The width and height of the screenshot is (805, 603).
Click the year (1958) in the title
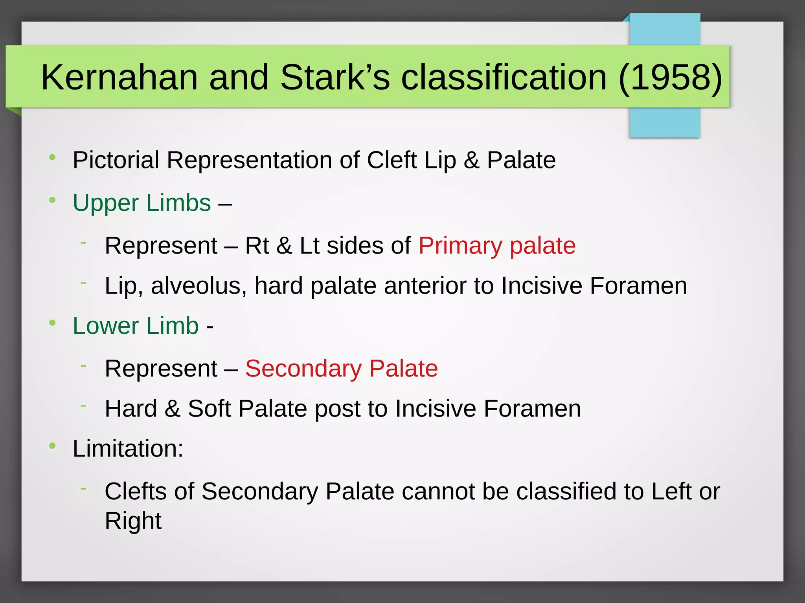[x=670, y=77]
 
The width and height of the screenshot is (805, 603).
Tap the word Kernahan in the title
[x=119, y=77]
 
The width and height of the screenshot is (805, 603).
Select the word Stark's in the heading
[x=335, y=77]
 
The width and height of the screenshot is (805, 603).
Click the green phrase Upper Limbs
[x=142, y=203]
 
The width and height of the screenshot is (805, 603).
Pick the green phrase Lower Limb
[x=136, y=326]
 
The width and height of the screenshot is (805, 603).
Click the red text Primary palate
[x=497, y=246]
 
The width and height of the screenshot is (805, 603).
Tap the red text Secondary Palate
[x=341, y=369]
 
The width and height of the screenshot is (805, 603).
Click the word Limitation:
[x=128, y=449]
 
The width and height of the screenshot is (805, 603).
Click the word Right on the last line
[x=133, y=521]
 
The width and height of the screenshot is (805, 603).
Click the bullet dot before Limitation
[x=52, y=446]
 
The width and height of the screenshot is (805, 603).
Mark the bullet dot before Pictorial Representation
[x=52, y=158]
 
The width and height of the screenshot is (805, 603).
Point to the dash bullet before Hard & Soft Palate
[x=83, y=405]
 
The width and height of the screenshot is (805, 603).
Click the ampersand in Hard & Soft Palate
[x=172, y=409]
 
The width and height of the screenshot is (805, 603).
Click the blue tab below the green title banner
[x=664, y=122]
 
